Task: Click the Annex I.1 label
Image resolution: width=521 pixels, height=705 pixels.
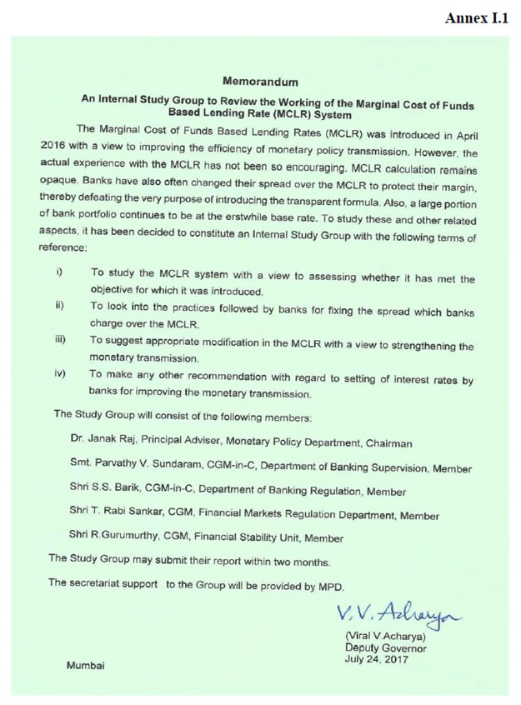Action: [476, 18]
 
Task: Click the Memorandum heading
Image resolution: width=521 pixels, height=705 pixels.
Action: [261, 82]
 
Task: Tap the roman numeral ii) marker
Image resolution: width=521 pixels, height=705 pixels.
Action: [60, 306]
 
